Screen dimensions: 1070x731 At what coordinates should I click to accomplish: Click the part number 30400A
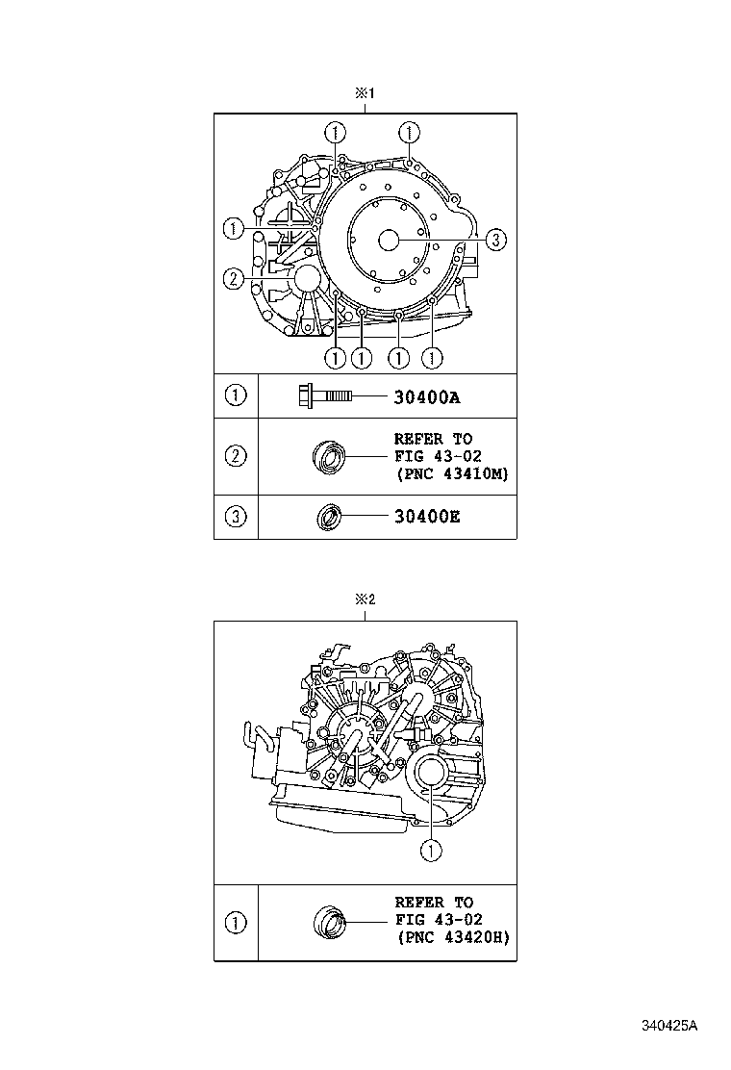[427, 395]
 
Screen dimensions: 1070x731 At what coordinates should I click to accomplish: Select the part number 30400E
[427, 518]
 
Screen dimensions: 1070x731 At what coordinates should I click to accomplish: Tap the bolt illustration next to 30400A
[325, 395]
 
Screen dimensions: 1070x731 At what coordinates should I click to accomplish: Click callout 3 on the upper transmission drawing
[494, 240]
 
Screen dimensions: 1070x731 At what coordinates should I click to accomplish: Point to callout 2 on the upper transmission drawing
[232, 279]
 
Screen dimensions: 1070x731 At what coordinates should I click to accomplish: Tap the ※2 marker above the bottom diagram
[365, 599]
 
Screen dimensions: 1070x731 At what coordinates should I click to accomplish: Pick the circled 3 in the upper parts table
[236, 518]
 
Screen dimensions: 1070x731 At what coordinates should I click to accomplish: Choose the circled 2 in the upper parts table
[236, 456]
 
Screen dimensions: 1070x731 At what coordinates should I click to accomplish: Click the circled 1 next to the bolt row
[236, 395]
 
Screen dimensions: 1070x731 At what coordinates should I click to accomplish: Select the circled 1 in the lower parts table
[236, 923]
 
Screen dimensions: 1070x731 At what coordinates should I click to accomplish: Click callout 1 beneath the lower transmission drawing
[432, 850]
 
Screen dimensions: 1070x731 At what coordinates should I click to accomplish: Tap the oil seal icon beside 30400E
[330, 518]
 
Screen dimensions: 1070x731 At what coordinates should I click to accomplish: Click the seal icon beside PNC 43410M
[329, 456]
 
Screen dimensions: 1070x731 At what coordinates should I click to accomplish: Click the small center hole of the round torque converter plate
[389, 240]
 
